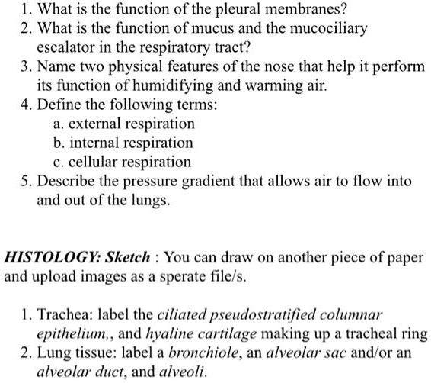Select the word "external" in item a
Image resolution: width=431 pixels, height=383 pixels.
[94, 124]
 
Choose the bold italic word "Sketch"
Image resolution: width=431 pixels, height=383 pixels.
[129, 258]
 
